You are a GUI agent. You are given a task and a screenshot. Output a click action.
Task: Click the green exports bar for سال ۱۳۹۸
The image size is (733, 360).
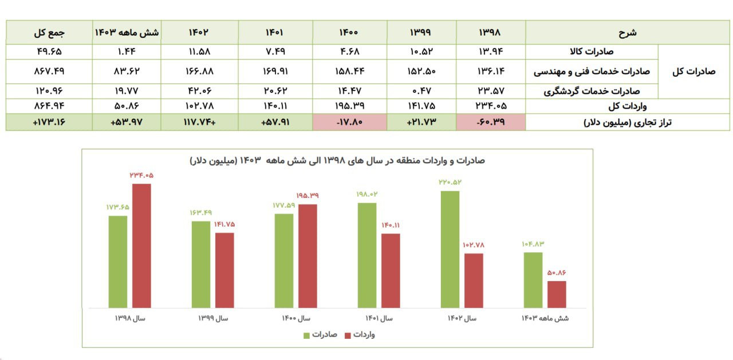118,262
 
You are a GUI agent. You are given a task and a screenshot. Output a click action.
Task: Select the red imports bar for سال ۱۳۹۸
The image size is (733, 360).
142,246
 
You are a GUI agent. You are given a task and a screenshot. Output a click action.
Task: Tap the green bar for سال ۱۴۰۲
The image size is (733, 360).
450,249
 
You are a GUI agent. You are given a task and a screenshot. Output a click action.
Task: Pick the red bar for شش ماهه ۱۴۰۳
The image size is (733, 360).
557,294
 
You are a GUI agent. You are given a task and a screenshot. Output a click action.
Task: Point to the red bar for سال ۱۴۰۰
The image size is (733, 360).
308,256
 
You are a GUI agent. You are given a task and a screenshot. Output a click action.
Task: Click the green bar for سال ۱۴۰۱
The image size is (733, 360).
367,255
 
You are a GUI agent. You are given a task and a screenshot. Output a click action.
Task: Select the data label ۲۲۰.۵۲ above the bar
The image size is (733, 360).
451,183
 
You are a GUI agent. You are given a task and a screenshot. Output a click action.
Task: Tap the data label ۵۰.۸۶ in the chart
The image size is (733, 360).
557,273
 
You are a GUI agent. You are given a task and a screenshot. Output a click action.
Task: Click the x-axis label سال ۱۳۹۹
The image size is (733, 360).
213,318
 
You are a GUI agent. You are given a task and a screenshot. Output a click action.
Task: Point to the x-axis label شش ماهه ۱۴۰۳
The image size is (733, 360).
545,318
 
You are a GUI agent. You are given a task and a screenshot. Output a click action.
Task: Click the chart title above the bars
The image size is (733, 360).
337,161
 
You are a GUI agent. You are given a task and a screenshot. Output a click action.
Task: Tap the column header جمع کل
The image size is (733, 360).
49,33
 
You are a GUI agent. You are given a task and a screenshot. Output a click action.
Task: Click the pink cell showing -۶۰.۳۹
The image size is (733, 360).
491,122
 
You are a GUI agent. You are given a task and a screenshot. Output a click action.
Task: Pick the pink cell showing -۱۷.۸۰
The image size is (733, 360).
349,122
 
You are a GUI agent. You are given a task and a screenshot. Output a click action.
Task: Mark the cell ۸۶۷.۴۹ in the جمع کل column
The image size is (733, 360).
49,72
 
